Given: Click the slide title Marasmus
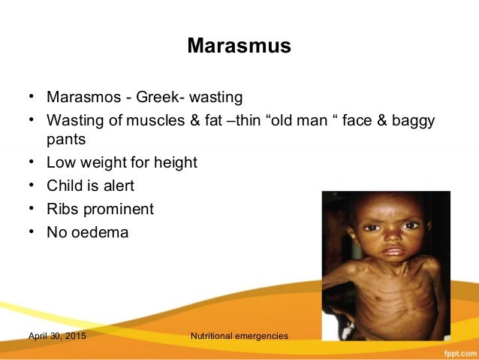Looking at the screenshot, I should (x=239, y=47).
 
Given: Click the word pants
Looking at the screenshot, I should (x=66, y=140).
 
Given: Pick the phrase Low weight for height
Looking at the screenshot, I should (x=122, y=162).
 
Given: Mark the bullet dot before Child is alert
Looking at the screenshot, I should (x=32, y=185).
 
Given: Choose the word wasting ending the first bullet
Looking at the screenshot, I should (x=218, y=98).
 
